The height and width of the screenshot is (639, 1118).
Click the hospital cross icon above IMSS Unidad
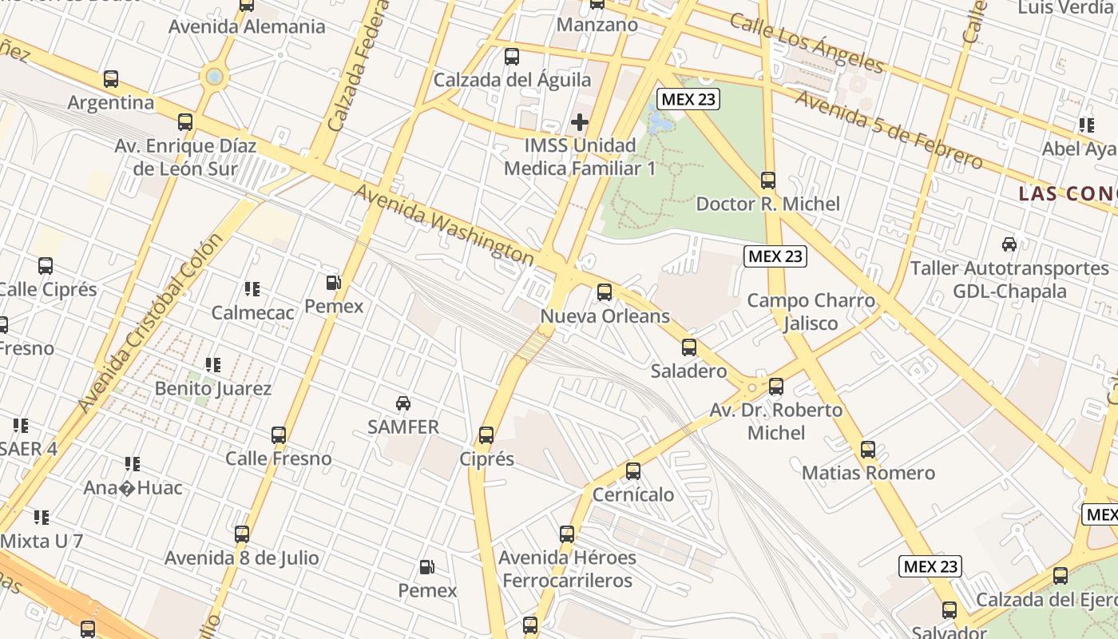[580, 122]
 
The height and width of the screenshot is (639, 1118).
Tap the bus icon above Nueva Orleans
[605, 292]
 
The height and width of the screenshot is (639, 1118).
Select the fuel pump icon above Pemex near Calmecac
[333, 283]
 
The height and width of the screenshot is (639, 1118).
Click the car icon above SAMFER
[403, 403]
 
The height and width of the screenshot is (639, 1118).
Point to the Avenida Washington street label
[444, 225]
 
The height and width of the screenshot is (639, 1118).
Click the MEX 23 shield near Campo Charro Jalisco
[775, 256]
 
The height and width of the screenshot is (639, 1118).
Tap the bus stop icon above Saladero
[689, 347]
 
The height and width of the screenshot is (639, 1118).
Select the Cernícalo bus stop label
[633, 494]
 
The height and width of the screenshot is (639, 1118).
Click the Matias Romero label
[868, 473]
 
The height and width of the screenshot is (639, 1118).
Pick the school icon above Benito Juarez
[213, 365]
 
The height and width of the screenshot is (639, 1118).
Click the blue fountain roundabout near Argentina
[214, 77]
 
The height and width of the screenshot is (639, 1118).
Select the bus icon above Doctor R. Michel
[768, 181]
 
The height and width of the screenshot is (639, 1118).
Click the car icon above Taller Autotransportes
[1009, 244]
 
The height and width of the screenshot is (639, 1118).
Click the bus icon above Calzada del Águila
[512, 57]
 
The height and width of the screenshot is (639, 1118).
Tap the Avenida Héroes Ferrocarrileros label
[568, 569]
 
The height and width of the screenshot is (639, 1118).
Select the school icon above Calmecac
[252, 288]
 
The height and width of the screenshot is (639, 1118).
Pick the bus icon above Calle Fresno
[279, 435]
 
